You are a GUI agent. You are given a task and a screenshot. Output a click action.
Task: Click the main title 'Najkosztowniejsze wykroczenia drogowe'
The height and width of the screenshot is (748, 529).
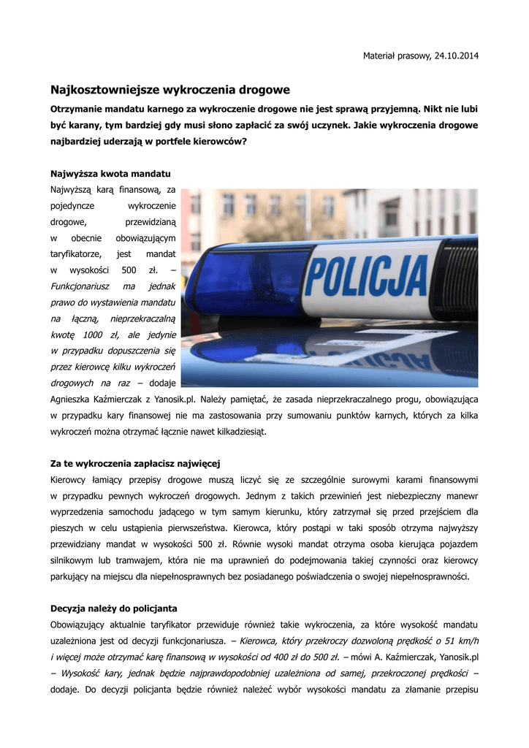pos(170,90)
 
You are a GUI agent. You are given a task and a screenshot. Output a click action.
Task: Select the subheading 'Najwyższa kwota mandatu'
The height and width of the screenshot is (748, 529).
pos(110,175)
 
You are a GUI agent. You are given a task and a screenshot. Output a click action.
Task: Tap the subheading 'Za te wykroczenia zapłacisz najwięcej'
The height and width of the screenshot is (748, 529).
pos(135,464)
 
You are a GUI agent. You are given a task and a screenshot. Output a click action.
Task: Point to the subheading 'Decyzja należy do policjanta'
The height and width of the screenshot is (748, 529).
pos(113,608)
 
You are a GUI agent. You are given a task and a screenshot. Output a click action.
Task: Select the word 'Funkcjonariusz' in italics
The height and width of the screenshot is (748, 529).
pos(80,286)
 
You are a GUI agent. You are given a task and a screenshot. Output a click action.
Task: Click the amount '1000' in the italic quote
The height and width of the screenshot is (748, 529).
pos(94,335)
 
